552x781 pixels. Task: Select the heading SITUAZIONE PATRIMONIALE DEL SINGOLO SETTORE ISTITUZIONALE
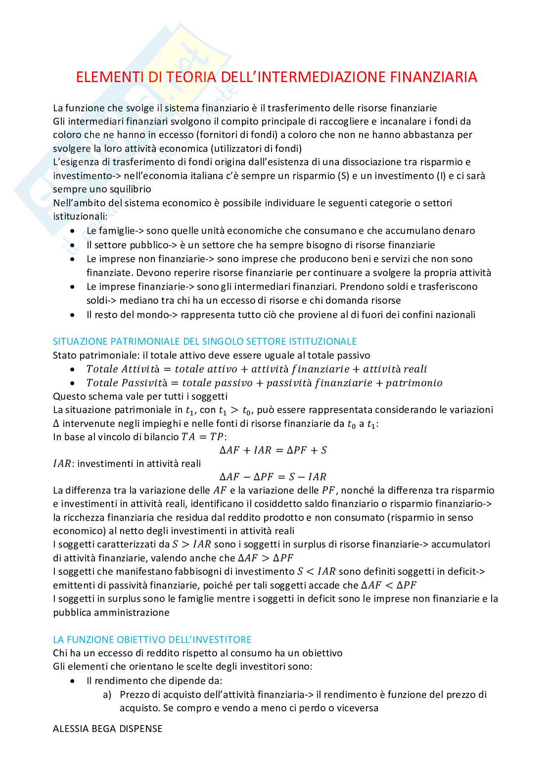205,341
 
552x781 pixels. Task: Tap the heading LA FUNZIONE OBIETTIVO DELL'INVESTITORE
152,640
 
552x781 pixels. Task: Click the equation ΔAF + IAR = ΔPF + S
273,450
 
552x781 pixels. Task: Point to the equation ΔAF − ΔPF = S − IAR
273,477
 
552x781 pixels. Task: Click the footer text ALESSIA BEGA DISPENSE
108,729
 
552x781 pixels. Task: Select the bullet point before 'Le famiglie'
73,231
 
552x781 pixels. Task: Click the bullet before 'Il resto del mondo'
73,315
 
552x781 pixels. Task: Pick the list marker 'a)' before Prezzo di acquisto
107,694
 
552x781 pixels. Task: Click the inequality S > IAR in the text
191,545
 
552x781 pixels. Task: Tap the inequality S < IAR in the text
317,572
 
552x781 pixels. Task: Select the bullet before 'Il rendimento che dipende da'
73,681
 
